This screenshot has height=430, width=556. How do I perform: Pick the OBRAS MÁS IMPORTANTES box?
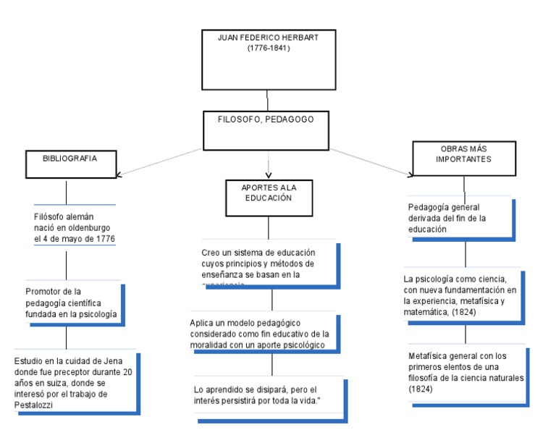[463, 158]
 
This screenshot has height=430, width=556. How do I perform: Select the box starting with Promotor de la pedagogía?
[72, 303]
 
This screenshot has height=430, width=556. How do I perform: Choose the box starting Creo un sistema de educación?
[267, 264]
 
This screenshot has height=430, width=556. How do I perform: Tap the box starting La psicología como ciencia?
[463, 295]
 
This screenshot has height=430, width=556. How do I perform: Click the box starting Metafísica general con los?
[466, 372]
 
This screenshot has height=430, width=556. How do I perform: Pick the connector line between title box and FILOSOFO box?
[268, 100]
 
